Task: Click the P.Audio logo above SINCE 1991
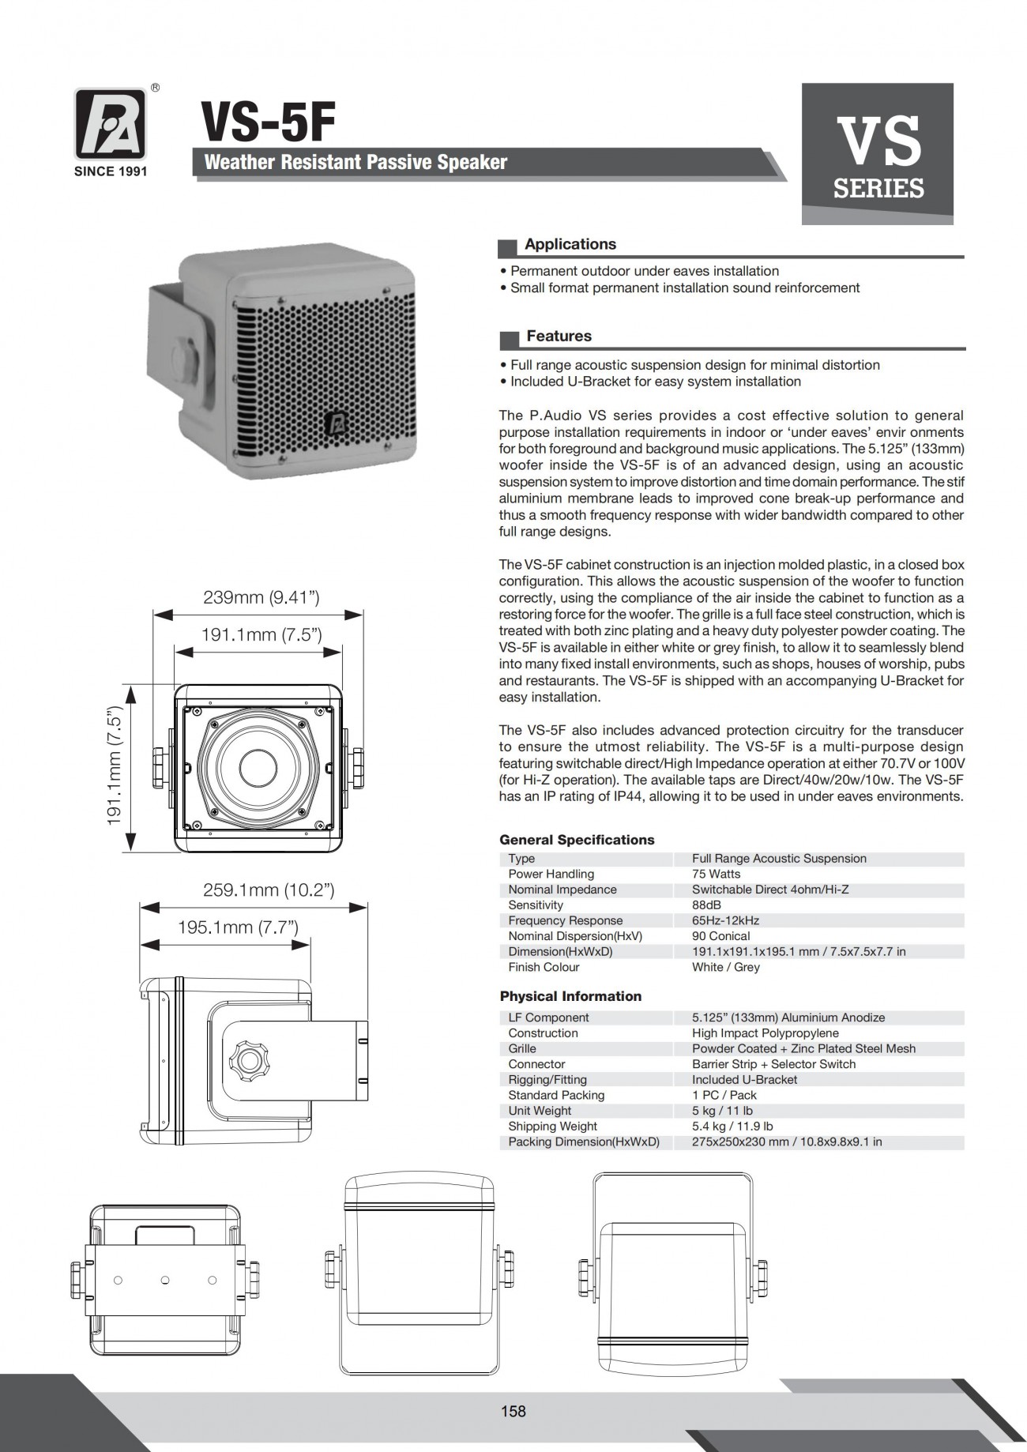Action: coord(110,124)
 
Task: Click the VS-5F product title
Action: coord(268,122)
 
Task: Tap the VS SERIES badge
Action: coord(877,154)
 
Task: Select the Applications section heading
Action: coord(570,245)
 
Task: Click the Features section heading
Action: coord(559,337)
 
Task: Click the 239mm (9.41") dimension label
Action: coord(261,597)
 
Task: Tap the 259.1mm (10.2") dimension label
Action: coord(269,890)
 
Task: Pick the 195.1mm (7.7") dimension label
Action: coord(238,927)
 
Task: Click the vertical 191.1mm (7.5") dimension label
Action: coord(115,766)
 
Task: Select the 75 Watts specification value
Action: coord(716,874)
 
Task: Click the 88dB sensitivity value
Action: coord(706,905)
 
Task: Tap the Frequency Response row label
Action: coord(565,920)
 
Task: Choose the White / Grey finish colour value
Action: coord(725,967)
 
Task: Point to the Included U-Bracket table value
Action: coord(744,1080)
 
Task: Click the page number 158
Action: coord(513,1411)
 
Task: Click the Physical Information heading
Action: coord(570,996)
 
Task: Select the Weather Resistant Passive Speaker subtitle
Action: coord(355,163)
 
